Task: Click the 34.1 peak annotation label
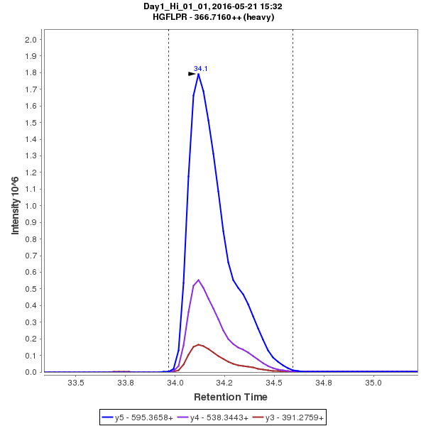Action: (x=201, y=69)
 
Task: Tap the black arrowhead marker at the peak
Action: (x=192, y=73)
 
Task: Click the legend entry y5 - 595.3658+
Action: (x=144, y=417)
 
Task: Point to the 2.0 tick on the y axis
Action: (x=30, y=40)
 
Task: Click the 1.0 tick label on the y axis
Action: (x=30, y=206)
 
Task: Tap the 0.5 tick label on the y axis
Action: (x=30, y=289)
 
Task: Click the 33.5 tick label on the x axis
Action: (x=75, y=383)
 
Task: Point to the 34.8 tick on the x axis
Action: (x=324, y=383)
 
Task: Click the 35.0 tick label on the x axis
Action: (x=373, y=383)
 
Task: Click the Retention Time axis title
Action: (x=231, y=397)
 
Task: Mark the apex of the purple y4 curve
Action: (x=198, y=280)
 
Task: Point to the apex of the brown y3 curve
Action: (x=199, y=344)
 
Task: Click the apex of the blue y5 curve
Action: (x=198, y=73)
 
